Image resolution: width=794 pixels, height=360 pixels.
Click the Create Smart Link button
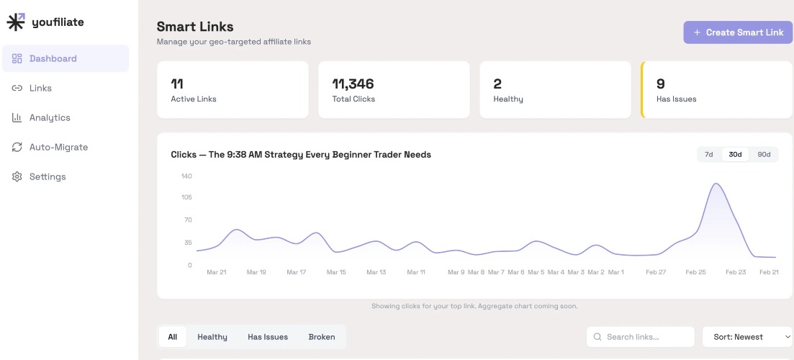[x=738, y=32]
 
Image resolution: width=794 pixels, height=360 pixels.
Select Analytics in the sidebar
[x=49, y=117]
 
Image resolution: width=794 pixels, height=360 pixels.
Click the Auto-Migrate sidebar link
[x=58, y=147]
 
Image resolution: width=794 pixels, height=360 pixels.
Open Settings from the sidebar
[x=47, y=176]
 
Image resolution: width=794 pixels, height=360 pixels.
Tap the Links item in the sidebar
[x=40, y=88]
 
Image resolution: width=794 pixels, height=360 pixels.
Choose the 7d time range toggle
[x=708, y=155]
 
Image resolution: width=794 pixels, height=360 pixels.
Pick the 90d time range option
[x=764, y=155]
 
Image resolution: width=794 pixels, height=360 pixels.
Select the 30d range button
[x=735, y=155]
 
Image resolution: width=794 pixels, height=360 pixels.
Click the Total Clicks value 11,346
[x=353, y=84]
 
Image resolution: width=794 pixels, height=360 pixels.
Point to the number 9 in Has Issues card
[x=660, y=84]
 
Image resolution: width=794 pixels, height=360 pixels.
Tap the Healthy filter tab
[x=212, y=337]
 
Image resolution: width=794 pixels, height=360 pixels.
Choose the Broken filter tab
[x=321, y=337]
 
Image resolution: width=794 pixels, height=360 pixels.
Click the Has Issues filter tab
[x=267, y=337]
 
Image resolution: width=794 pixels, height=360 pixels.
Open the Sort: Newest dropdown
[x=747, y=337]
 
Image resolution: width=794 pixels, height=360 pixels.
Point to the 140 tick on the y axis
[x=186, y=176]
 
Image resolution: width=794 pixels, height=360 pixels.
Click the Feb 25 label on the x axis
[x=695, y=272]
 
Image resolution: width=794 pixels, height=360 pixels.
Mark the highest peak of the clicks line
[x=716, y=184]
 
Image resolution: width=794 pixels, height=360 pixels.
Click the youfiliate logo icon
[x=16, y=22]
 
